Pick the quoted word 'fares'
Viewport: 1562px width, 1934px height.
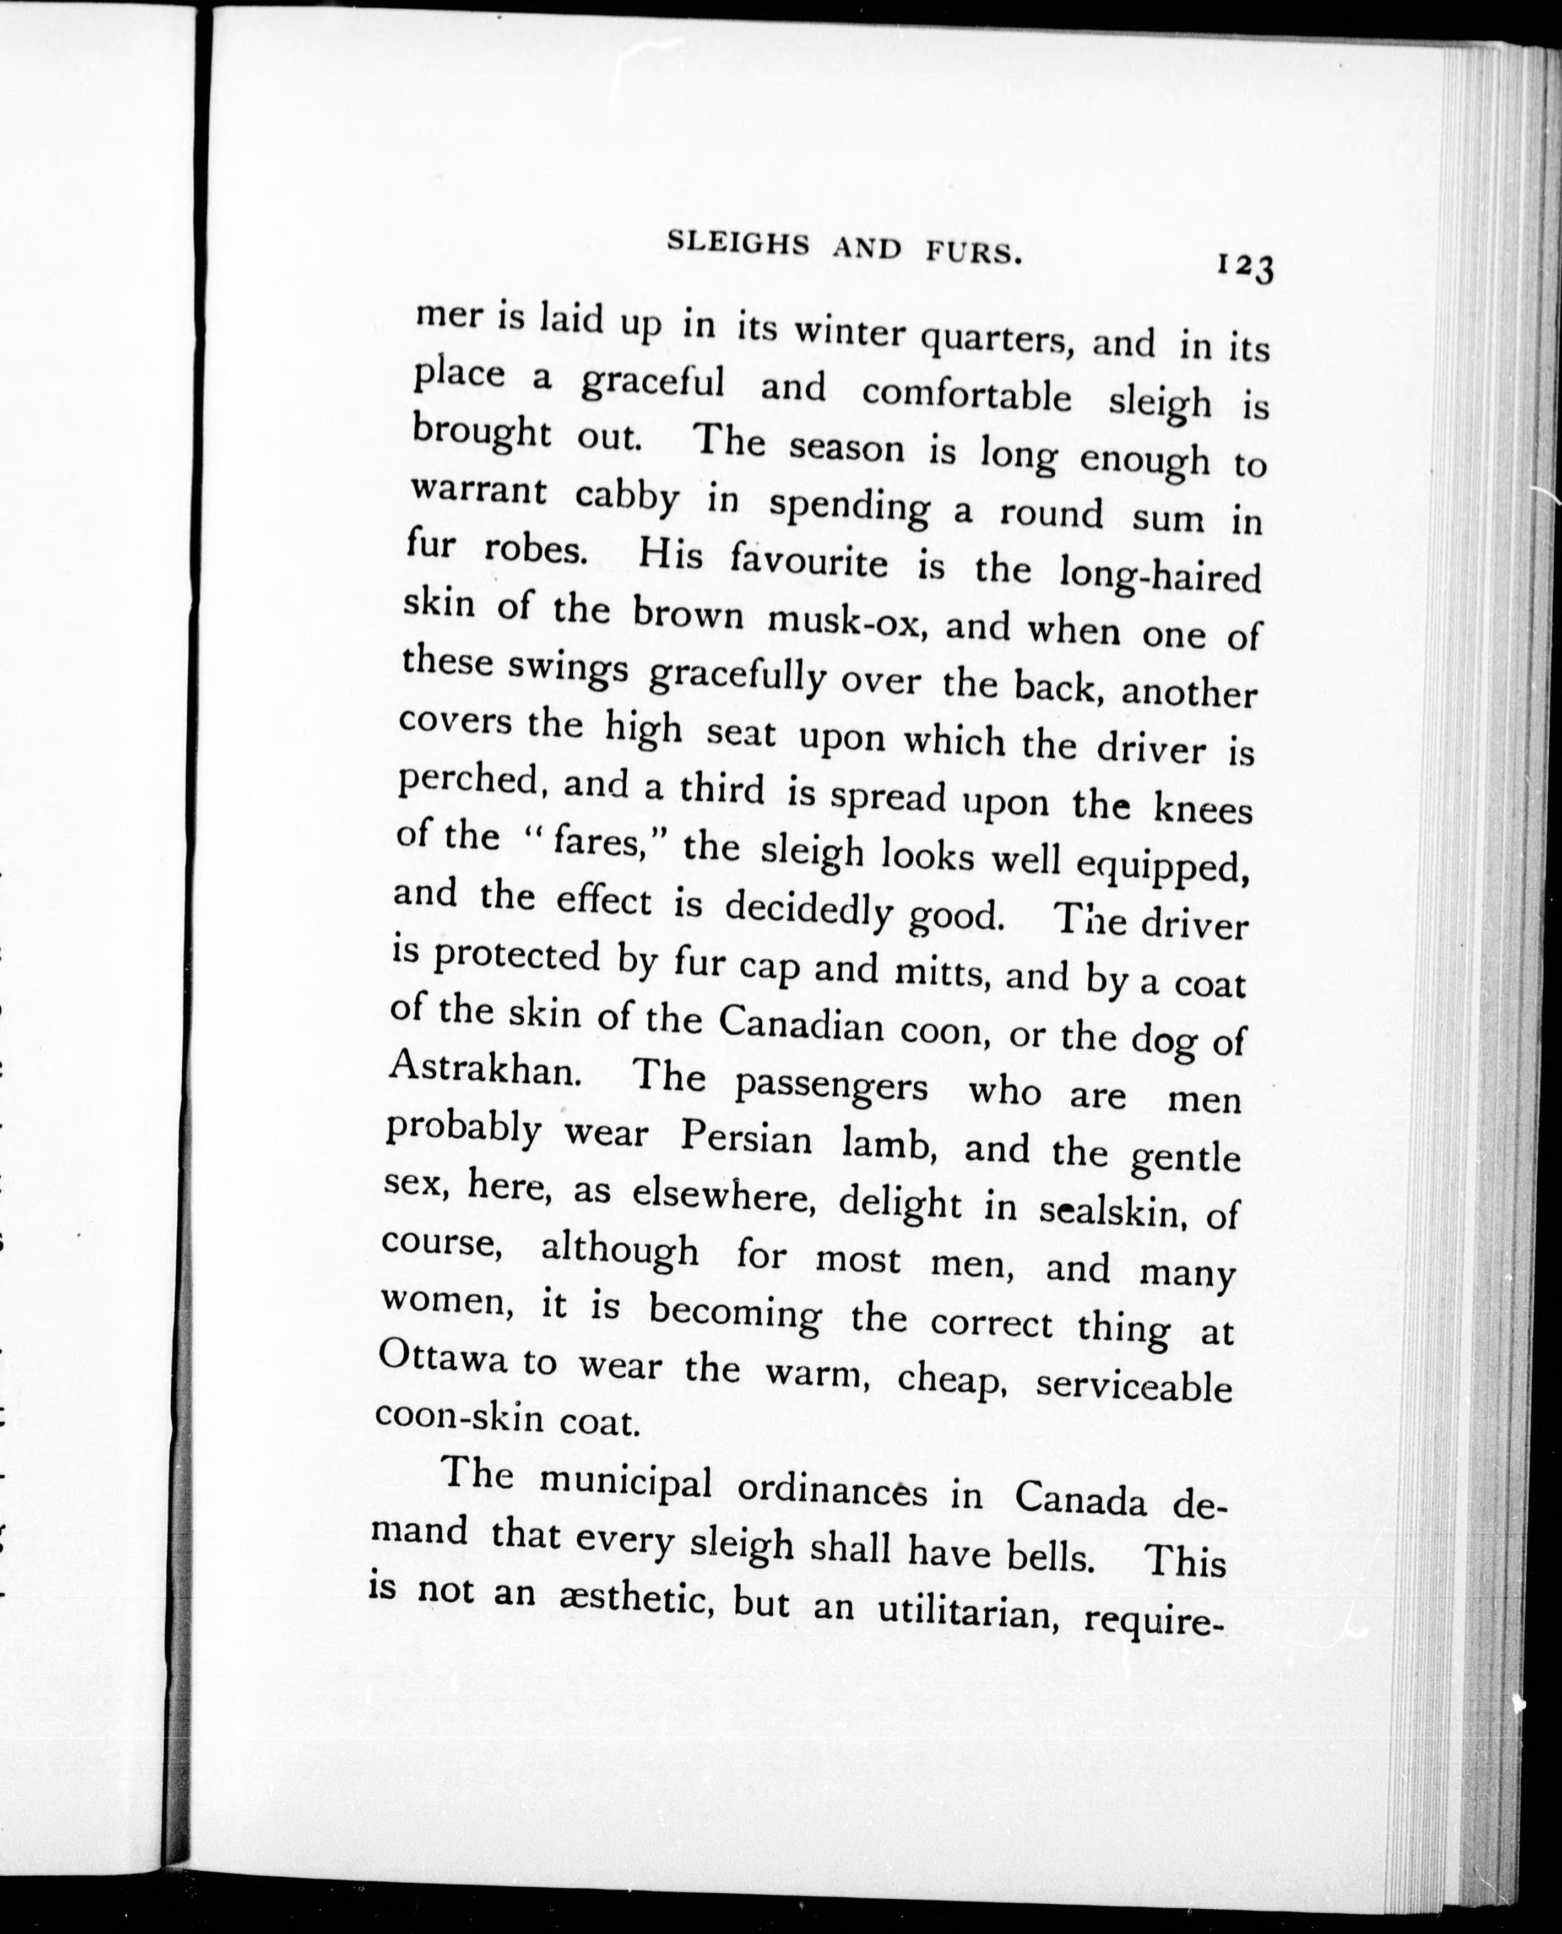point(600,843)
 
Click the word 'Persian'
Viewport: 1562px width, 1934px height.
point(746,1138)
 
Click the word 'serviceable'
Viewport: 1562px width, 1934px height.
point(1133,1383)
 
